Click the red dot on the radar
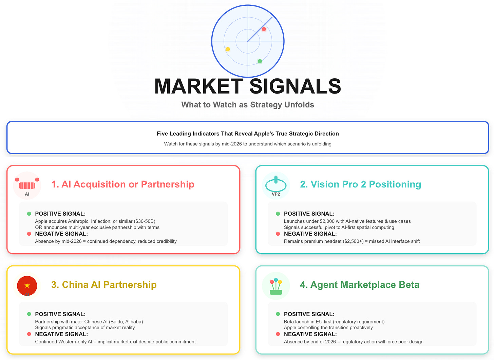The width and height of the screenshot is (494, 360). [264, 29]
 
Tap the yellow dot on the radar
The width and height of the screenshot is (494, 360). [228, 49]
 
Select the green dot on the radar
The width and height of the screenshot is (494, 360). [260, 61]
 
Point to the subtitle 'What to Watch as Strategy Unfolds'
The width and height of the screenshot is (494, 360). [248, 105]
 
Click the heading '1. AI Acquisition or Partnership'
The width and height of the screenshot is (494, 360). [122, 184]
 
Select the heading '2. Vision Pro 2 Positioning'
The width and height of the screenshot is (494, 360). [360, 184]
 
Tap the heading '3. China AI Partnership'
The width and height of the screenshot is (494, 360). [104, 285]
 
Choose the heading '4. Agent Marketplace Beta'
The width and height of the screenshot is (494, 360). [360, 285]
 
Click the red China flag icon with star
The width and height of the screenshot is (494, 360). [27, 285]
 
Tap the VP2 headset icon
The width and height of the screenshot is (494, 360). [276, 185]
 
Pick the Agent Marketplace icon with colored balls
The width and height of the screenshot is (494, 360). [276, 286]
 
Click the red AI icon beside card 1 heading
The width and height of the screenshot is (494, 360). [27, 185]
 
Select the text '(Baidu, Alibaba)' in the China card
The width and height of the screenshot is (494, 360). [126, 322]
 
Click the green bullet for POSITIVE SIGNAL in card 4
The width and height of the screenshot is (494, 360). [278, 314]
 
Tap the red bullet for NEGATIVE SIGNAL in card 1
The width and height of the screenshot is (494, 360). [29, 234]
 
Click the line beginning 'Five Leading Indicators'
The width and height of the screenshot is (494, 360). [248, 134]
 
